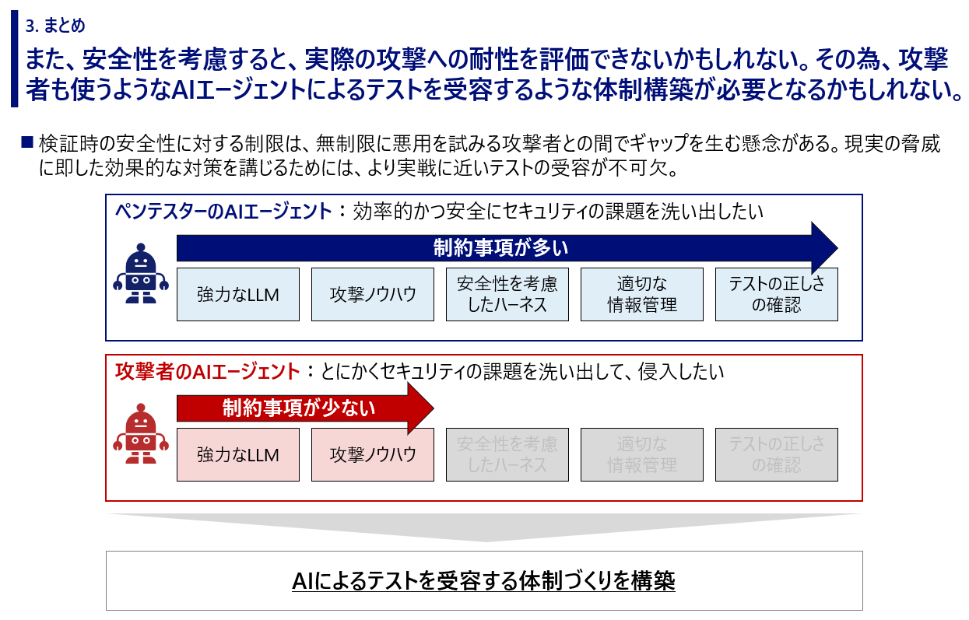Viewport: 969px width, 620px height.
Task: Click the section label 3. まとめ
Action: [55, 26]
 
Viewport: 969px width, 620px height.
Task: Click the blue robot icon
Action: [141, 273]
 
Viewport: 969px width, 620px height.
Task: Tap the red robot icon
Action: [141, 433]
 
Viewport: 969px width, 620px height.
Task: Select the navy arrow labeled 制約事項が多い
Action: [507, 248]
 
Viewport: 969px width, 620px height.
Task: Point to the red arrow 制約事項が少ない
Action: [305, 408]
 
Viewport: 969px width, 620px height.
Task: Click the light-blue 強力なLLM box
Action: [238, 294]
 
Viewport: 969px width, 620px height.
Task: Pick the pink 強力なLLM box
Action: [238, 454]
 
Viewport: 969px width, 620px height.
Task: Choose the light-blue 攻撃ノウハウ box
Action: [373, 294]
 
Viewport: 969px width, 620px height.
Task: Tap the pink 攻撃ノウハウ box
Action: [373, 454]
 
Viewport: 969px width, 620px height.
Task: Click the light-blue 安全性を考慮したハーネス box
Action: [507, 294]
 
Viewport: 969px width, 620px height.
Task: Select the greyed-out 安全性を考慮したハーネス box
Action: [507, 454]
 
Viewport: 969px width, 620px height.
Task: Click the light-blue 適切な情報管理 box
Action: [642, 294]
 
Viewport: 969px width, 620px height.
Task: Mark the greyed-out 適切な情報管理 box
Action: [642, 454]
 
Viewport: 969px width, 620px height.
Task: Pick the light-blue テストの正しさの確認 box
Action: [777, 294]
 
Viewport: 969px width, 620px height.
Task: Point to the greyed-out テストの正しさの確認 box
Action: [777, 454]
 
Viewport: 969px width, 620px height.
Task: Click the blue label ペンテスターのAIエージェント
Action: [223, 212]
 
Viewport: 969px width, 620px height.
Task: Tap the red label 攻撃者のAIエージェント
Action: [208, 372]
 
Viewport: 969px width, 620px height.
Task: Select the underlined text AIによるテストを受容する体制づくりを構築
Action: [483, 580]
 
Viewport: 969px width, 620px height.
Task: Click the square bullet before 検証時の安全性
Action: [27, 142]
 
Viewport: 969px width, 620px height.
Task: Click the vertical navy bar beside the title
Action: [14, 58]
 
